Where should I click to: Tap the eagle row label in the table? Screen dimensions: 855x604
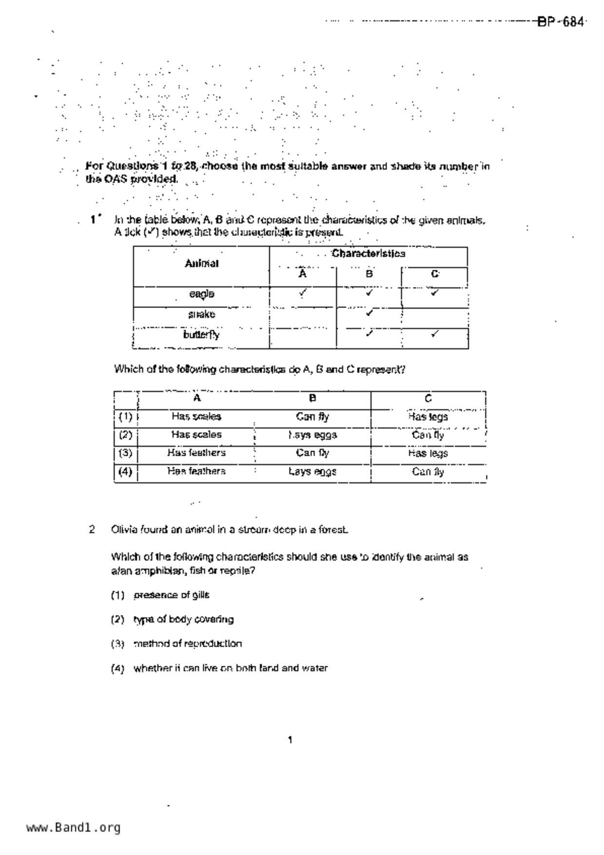[201, 294]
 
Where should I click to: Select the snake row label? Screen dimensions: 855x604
[201, 314]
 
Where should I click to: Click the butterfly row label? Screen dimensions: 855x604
[201, 335]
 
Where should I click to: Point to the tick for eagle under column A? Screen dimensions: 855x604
[303, 292]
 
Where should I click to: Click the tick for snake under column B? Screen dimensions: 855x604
[369, 313]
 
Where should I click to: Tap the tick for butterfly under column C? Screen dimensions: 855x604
[435, 334]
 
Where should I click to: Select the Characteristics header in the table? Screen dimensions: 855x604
[368, 253]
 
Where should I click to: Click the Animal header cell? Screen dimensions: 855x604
[201, 264]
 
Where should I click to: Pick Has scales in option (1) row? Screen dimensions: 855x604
[196, 417]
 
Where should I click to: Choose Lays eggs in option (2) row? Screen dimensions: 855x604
[312, 435]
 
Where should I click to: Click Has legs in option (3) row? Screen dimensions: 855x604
[428, 453]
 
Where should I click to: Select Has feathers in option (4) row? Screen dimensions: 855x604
[196, 471]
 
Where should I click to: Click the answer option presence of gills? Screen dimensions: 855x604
[171, 595]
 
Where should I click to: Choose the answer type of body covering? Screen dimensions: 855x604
[183, 620]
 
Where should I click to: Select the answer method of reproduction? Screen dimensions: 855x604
[187, 644]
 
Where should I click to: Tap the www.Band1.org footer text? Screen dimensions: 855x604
[73, 828]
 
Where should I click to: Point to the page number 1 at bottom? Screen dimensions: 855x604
[290, 740]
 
